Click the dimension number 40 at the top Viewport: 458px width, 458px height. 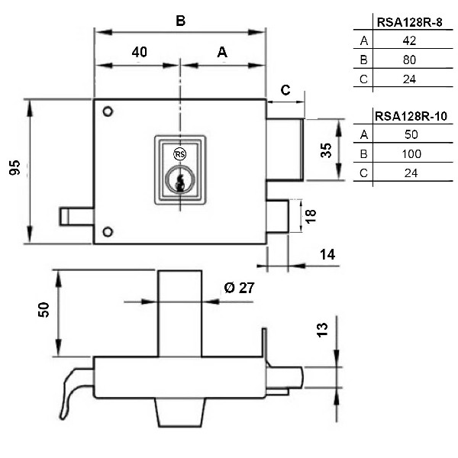pos(139,53)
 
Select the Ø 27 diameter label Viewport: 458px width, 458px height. pos(238,288)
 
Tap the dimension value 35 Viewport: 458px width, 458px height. pos(327,149)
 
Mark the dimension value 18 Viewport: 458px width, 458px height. pos(310,216)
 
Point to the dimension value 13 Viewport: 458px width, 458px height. pos(322,329)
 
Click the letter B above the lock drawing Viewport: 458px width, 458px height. pos(181,21)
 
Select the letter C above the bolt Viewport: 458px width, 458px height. pos(285,90)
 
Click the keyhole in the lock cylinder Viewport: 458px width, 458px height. pos(180,182)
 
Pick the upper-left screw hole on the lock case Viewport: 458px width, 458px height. pos(108,112)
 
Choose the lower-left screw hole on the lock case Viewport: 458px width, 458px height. pos(108,231)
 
